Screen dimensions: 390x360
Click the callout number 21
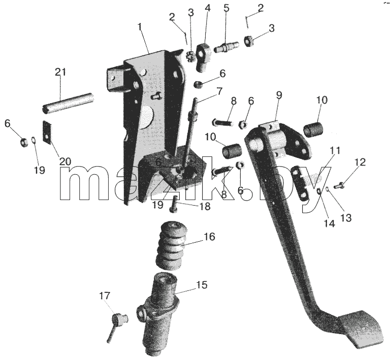click(61, 72)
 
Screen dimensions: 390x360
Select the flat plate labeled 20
click(47, 132)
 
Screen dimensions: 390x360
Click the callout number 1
click(140, 26)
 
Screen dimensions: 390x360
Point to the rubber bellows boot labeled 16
click(171, 245)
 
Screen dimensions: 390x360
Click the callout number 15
click(202, 285)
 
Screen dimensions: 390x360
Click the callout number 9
click(279, 95)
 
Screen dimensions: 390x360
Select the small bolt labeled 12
click(339, 185)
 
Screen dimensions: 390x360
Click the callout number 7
click(219, 91)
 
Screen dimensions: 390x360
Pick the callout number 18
click(205, 206)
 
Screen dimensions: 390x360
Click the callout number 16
click(210, 237)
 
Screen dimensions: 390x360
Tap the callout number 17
click(105, 296)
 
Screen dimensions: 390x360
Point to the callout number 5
click(226, 8)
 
